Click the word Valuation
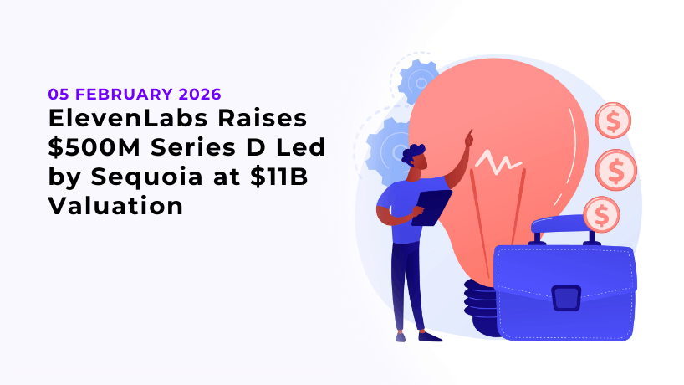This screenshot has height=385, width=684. pos(115,204)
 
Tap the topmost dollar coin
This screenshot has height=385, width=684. pos(612,121)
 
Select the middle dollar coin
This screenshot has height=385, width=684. pos(616,171)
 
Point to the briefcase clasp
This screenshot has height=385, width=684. pos(566,297)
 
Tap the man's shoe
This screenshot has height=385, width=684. pos(429,336)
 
